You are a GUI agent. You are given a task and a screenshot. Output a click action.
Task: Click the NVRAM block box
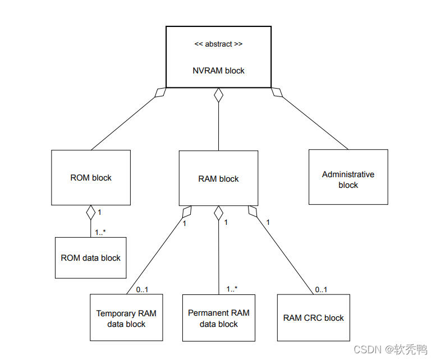(218, 57)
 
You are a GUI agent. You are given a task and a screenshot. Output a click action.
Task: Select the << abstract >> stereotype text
(218, 43)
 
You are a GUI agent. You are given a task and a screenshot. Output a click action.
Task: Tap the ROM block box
(91, 178)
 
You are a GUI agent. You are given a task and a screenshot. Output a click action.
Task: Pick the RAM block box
(218, 178)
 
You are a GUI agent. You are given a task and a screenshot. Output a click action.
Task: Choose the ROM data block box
(91, 258)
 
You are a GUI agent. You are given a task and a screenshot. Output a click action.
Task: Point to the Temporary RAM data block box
(126, 319)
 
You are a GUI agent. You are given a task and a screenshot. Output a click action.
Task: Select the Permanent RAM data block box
(219, 318)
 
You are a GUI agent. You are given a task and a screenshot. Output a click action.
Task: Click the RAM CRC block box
(313, 318)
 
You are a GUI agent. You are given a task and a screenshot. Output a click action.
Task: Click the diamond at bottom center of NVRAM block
(218, 95)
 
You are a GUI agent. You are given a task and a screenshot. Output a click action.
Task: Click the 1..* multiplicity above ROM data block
(100, 232)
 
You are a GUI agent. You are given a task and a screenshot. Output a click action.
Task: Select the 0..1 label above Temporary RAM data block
(142, 290)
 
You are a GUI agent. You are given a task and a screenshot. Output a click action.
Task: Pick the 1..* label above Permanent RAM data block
(232, 289)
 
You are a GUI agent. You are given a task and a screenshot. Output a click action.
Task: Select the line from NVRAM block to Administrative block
(314, 122)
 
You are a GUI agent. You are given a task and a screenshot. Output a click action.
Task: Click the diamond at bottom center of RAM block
(219, 213)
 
